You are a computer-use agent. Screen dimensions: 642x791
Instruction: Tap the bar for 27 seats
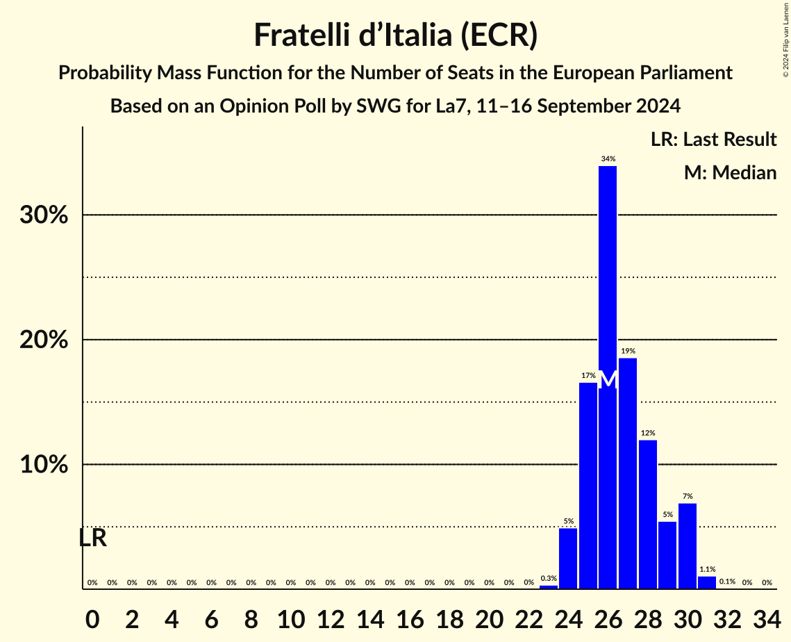[x=628, y=472]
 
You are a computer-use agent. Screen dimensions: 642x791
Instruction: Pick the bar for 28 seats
[x=648, y=514]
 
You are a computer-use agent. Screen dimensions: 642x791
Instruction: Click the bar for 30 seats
[x=688, y=545]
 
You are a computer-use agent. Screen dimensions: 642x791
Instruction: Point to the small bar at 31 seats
[x=707, y=582]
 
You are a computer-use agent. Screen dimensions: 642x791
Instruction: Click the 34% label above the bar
[x=608, y=159]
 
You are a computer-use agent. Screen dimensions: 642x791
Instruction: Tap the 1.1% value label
[x=707, y=569]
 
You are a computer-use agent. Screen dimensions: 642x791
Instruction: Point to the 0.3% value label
[x=549, y=578]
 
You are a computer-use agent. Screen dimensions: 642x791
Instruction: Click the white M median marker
[x=608, y=380]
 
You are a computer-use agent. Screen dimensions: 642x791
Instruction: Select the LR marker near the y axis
[x=92, y=538]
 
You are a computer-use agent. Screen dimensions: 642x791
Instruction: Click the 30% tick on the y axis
[x=44, y=215]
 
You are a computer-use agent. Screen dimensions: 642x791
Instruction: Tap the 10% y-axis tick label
[x=44, y=464]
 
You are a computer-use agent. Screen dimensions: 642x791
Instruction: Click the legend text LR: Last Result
[x=713, y=140]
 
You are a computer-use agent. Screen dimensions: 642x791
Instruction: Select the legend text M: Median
[x=730, y=172]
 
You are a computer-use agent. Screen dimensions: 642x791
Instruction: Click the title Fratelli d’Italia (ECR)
[x=395, y=35]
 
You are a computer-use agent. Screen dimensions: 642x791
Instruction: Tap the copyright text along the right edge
[x=785, y=39]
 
